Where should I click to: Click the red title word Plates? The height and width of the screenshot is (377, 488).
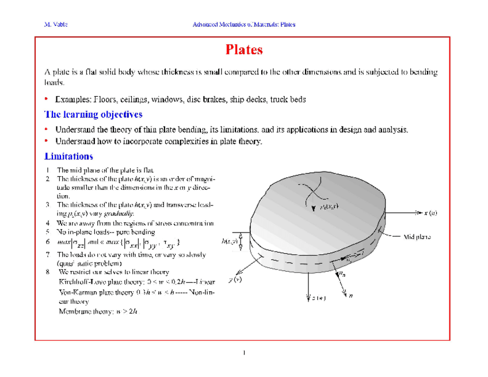coord(244,50)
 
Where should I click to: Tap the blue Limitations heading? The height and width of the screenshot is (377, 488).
coord(69,156)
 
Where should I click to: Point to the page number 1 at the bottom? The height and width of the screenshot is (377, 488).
coord(244,352)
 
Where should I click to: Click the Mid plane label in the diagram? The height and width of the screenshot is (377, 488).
coord(418,237)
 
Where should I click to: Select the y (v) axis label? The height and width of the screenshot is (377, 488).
coord(235,280)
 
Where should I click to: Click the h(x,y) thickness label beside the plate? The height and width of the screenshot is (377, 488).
coord(230,241)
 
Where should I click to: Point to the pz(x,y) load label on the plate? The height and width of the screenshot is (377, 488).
coord(330,207)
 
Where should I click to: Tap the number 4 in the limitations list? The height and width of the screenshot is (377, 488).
coord(48,222)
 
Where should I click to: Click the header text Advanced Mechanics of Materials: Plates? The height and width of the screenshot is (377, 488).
coord(244,25)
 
